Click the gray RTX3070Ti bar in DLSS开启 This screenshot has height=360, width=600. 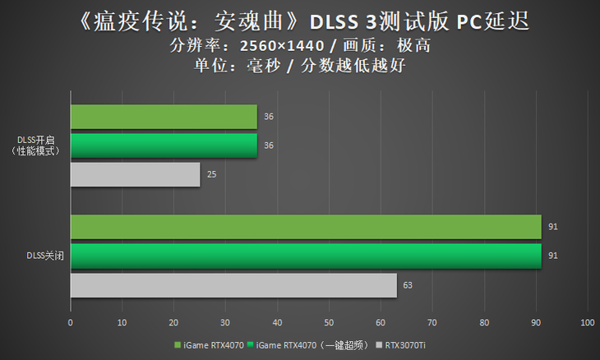tap(136, 174)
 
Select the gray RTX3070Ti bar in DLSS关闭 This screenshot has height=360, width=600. tap(233, 285)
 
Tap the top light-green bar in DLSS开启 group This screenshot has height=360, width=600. tap(164, 117)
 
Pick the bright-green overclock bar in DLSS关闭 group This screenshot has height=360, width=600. tap(306, 256)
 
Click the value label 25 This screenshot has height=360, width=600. tap(212, 174)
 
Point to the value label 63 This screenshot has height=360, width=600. tap(408, 285)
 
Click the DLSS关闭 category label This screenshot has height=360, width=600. tap(45, 256)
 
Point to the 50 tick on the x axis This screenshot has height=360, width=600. tap(329, 322)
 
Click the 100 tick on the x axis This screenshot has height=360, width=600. tap(587, 322)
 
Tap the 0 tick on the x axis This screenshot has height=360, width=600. tap(71, 322)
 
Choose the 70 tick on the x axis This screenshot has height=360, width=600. tap(432, 322)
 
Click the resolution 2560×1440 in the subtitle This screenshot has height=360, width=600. tap(280, 45)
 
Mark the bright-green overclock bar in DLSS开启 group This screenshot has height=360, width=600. tap(164, 145)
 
